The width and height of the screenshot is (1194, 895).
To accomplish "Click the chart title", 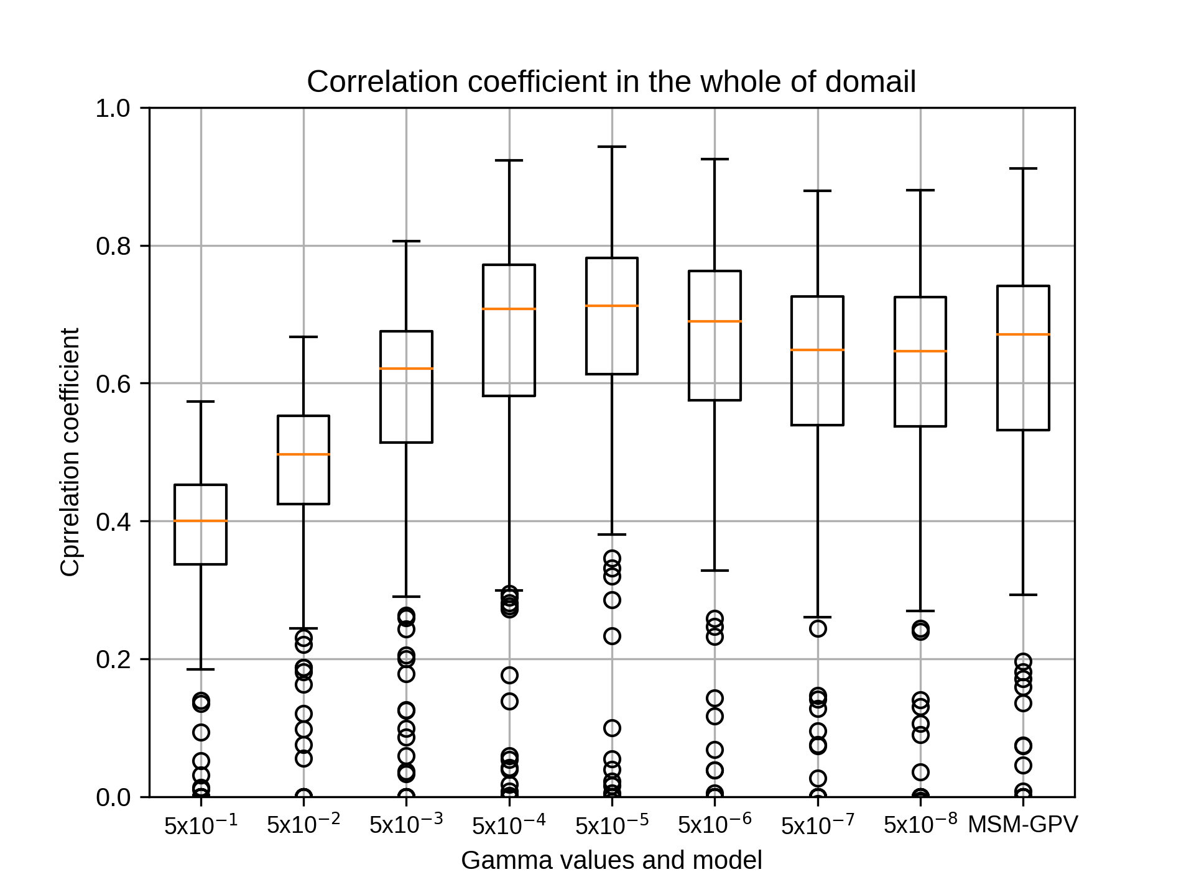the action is click(611, 81).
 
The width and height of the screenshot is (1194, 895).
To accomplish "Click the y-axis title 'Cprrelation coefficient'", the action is click(70, 452).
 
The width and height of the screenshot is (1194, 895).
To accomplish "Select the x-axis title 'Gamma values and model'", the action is click(611, 861).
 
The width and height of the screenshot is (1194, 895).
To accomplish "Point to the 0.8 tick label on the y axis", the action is click(113, 246).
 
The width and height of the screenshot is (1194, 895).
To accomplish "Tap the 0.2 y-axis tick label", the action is click(113, 659).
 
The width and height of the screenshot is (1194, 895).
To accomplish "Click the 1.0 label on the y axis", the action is click(113, 108).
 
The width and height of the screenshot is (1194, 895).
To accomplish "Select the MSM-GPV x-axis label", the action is click(1023, 825).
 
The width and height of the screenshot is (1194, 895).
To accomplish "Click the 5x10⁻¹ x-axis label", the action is click(201, 824).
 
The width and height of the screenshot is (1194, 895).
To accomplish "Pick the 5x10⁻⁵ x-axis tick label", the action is click(612, 824).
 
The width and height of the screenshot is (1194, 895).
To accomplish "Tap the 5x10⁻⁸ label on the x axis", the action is click(920, 824).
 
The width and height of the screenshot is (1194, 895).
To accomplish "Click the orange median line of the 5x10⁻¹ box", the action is click(201, 521).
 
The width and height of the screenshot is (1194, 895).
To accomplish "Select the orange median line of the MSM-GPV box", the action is click(1023, 334).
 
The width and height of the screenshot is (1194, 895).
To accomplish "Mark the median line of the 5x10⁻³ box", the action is click(406, 369).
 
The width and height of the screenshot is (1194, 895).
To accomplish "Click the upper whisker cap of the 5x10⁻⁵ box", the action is click(612, 147).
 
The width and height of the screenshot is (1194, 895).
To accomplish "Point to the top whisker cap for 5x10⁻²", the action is click(303, 337).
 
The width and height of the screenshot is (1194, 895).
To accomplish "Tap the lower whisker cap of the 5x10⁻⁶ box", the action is click(715, 571).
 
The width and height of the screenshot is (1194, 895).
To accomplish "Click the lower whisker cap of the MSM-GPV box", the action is click(1023, 595).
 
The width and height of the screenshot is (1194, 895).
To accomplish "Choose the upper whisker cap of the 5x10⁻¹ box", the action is click(201, 402).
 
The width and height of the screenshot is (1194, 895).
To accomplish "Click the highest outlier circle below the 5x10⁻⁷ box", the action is click(818, 628).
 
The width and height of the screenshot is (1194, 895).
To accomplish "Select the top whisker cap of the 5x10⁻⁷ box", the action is click(818, 191).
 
